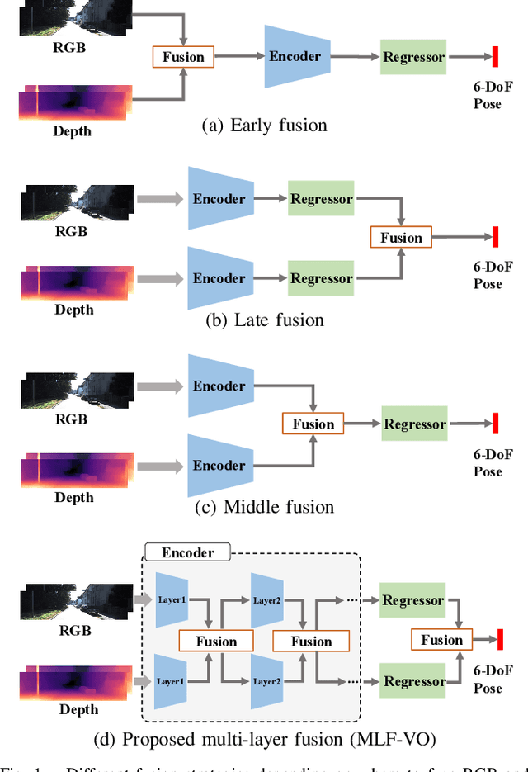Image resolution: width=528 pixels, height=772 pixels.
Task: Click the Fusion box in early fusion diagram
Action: pyautogui.click(x=183, y=57)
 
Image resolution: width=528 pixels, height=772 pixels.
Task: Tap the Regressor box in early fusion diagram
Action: pyautogui.click(x=413, y=57)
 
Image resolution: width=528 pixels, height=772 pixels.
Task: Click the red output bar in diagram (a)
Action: pyautogui.click(x=496, y=57)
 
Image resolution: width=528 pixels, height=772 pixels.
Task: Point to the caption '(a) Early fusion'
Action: pyautogui.click(x=264, y=126)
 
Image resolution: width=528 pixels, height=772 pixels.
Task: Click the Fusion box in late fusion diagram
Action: pyautogui.click(x=402, y=238)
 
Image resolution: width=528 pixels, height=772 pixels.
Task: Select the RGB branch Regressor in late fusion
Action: pyautogui.click(x=321, y=199)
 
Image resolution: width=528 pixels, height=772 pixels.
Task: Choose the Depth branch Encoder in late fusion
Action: pyautogui.click(x=218, y=278)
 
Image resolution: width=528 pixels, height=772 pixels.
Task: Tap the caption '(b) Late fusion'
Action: pyautogui.click(x=264, y=320)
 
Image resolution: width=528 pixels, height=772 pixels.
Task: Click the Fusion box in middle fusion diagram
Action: pyautogui.click(x=313, y=424)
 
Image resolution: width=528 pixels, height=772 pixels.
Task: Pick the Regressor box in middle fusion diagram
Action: pyautogui.click(x=414, y=424)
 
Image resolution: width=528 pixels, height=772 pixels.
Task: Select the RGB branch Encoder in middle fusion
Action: pyautogui.click(x=218, y=386)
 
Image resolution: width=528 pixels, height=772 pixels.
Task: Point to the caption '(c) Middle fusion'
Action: pyautogui.click(x=264, y=506)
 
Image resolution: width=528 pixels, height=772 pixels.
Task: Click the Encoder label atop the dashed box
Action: pyautogui.click(x=188, y=553)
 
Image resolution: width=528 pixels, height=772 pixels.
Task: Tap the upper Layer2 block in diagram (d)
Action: pyautogui.click(x=267, y=600)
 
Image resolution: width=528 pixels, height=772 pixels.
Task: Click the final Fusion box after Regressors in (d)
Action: pyautogui.click(x=441, y=640)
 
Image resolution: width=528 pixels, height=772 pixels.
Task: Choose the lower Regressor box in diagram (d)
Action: pyautogui.click(x=413, y=681)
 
